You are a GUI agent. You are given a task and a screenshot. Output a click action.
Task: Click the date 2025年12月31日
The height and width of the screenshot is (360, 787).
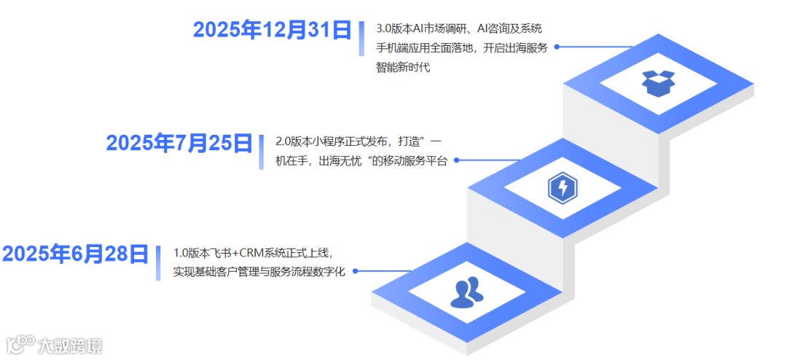coord(273,30)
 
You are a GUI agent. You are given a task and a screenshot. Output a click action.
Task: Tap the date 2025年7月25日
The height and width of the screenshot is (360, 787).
coord(179,143)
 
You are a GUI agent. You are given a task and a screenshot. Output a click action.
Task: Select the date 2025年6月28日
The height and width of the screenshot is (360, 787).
coord(75,254)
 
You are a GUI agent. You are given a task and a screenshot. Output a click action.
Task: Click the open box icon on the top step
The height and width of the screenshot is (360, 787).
coord(658,83)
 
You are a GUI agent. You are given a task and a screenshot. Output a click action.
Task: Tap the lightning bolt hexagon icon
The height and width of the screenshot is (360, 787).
coord(562,188)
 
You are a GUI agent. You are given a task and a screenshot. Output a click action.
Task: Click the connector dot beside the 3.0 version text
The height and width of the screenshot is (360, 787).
coord(557,46)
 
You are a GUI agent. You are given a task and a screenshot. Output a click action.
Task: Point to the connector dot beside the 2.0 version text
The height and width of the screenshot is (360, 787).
coord(456,158)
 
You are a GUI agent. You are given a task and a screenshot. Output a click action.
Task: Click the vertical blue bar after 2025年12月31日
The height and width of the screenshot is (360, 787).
coord(361,39)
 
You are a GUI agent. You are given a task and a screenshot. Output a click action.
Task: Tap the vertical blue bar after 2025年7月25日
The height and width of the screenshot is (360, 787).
coord(261,152)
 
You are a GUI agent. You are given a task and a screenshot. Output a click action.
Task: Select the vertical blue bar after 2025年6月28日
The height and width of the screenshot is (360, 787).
coord(158,263)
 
